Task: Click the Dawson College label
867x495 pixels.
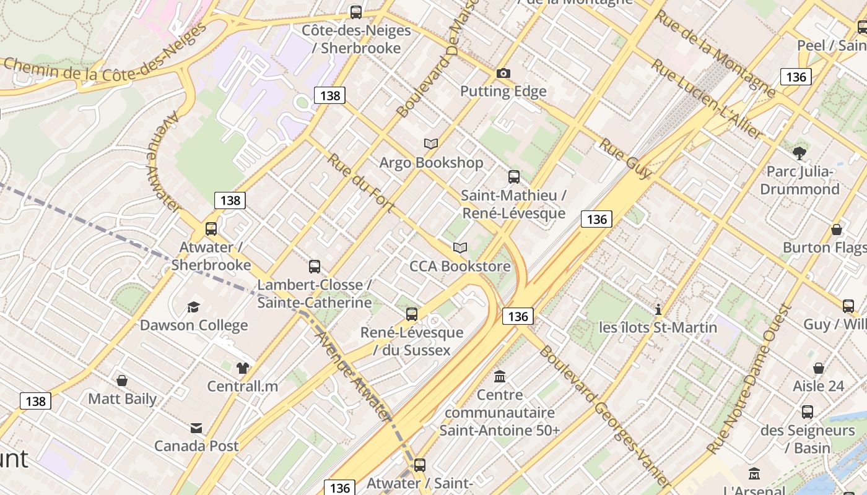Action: click(193, 325)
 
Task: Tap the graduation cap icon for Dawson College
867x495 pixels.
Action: click(193, 307)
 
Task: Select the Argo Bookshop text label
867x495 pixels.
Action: click(431, 163)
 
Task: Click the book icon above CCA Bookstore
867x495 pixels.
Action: click(460, 248)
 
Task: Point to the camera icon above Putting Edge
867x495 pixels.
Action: click(503, 74)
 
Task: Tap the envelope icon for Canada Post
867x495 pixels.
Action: click(196, 428)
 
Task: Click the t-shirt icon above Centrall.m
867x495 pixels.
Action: click(242, 368)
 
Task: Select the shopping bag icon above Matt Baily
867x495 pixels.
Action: click(122, 381)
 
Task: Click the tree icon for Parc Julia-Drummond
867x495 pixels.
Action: click(799, 153)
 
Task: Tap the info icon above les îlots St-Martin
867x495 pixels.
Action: click(658, 309)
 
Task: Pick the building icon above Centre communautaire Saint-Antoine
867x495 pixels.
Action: click(500, 376)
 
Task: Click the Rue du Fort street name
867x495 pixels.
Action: click(360, 183)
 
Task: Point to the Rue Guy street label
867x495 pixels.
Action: click(625, 158)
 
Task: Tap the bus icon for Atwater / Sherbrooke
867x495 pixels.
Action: click(211, 229)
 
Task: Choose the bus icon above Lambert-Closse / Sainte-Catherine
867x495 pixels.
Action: click(315, 267)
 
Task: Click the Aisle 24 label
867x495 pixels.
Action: click(818, 386)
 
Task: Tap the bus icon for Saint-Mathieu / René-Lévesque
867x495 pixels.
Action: click(513, 177)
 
